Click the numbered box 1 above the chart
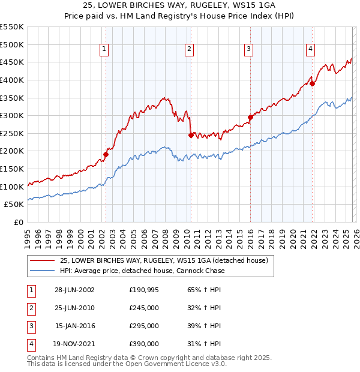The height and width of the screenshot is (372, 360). [x=104, y=49]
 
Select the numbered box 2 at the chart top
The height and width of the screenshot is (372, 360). [x=189, y=49]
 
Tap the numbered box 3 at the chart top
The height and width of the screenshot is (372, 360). [x=248, y=49]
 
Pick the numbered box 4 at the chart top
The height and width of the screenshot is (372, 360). [x=310, y=49]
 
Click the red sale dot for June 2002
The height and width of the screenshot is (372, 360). [x=106, y=154]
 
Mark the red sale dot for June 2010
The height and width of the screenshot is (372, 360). [x=190, y=135]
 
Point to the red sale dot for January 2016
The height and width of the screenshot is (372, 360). [x=250, y=117]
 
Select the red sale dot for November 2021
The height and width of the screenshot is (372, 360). [x=312, y=83]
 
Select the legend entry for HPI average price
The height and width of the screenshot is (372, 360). [x=143, y=271]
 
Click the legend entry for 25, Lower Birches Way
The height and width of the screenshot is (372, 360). [x=167, y=260]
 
